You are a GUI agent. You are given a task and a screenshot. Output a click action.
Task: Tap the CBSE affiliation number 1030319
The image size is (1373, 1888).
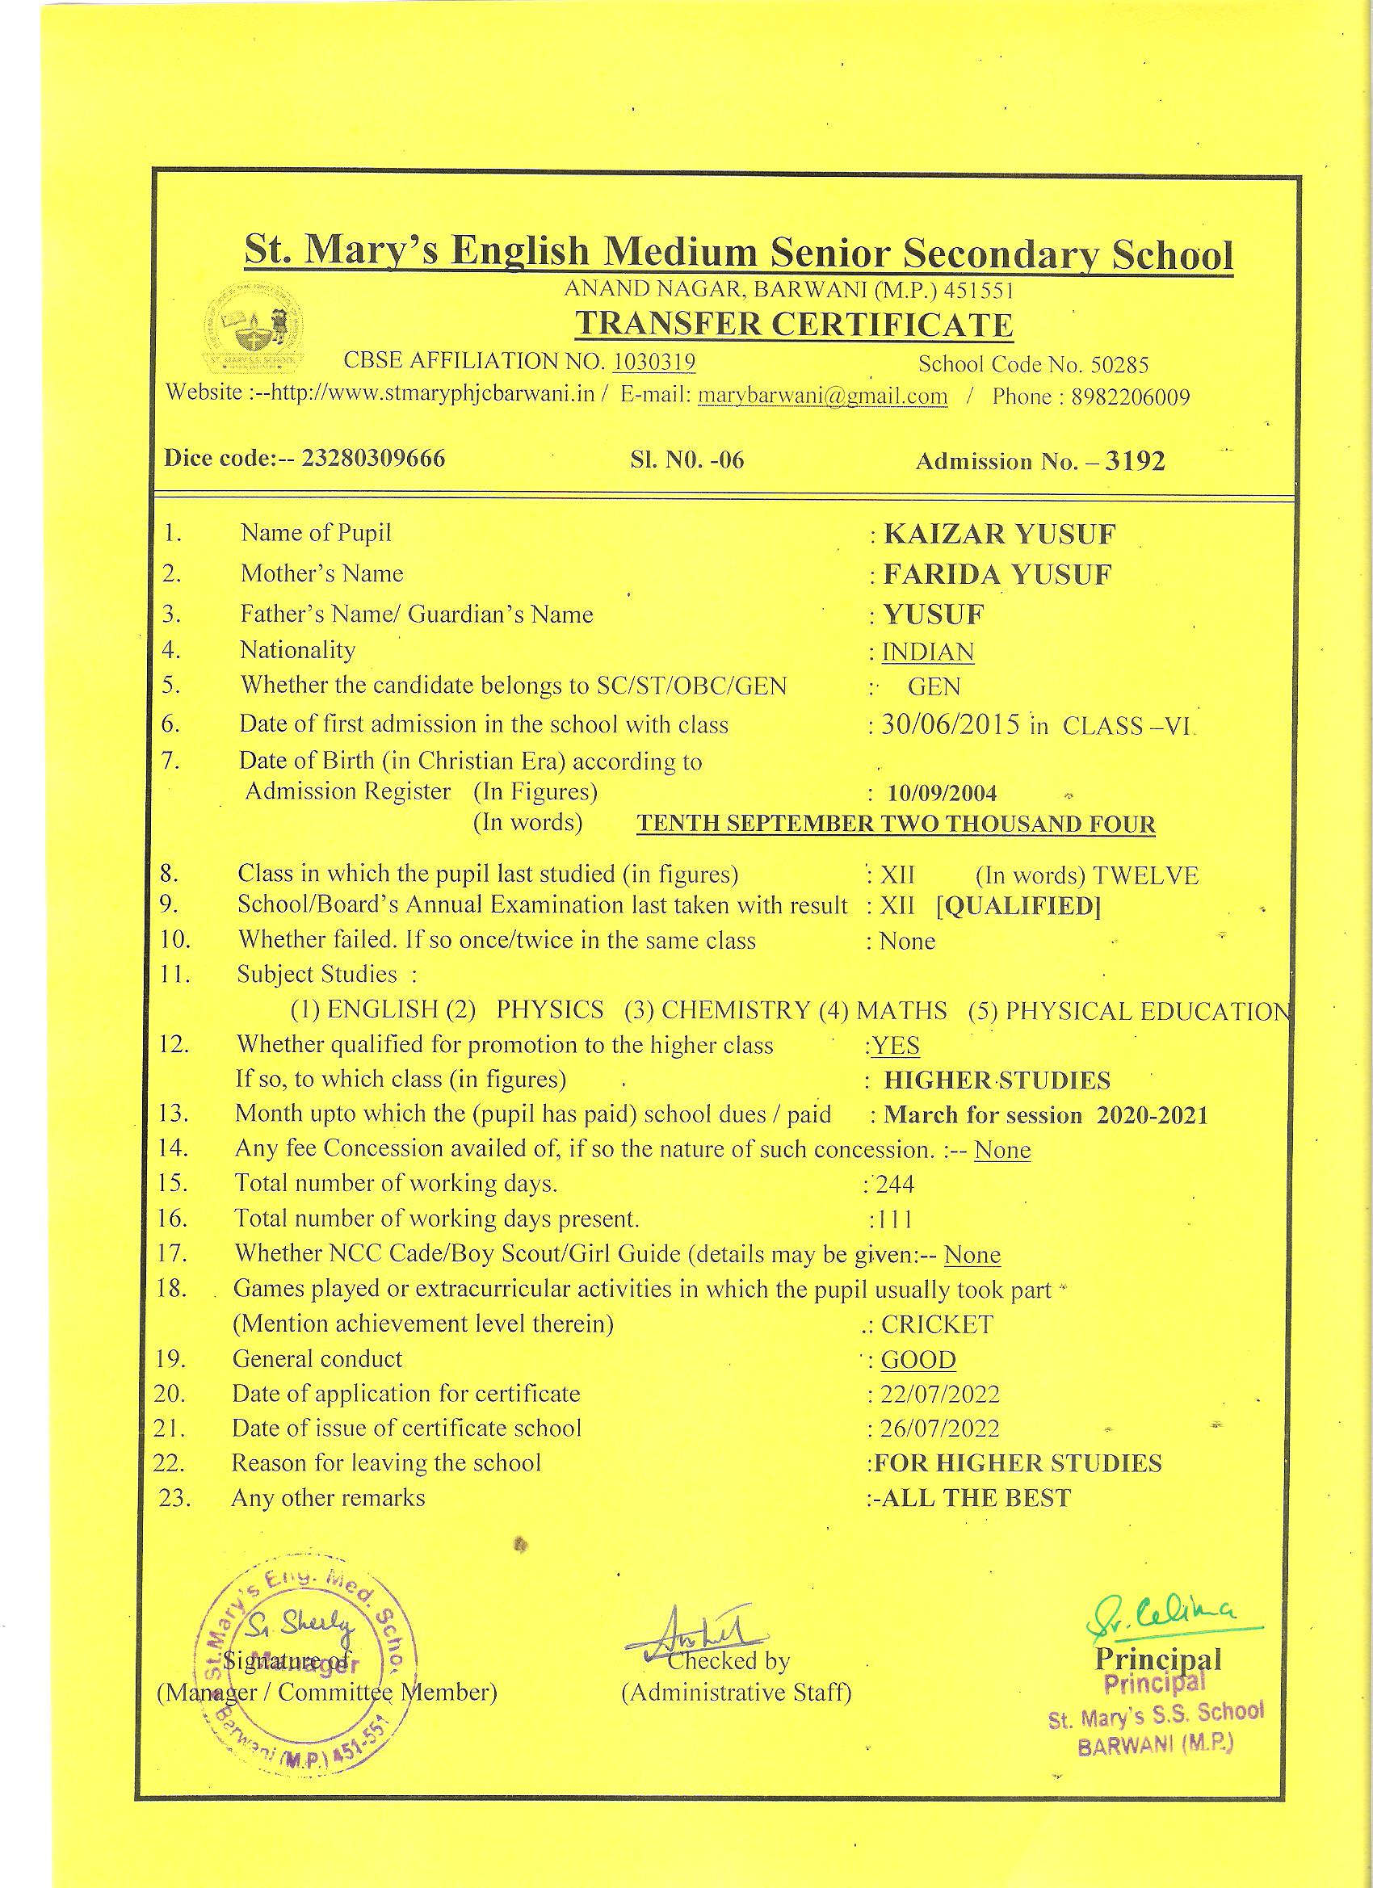coord(653,361)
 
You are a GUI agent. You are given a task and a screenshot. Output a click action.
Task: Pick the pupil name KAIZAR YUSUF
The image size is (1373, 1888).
coord(999,534)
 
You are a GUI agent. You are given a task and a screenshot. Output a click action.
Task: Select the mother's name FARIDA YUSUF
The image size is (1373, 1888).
coord(997,574)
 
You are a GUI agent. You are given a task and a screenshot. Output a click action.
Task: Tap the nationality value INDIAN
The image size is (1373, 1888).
coord(927,651)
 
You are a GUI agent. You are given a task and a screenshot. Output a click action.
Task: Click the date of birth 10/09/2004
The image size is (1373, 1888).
coord(942,792)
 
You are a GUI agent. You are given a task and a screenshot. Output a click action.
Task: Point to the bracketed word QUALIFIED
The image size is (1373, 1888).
coord(1018,906)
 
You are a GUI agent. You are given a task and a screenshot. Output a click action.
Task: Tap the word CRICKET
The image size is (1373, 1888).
coord(937,1324)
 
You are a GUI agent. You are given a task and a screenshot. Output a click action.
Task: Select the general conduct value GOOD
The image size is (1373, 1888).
coord(918,1359)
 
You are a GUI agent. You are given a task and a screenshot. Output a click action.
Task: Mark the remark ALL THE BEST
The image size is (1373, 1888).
coord(975,1498)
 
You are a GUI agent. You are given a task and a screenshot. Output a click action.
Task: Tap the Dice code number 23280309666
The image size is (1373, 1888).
coord(373,459)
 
